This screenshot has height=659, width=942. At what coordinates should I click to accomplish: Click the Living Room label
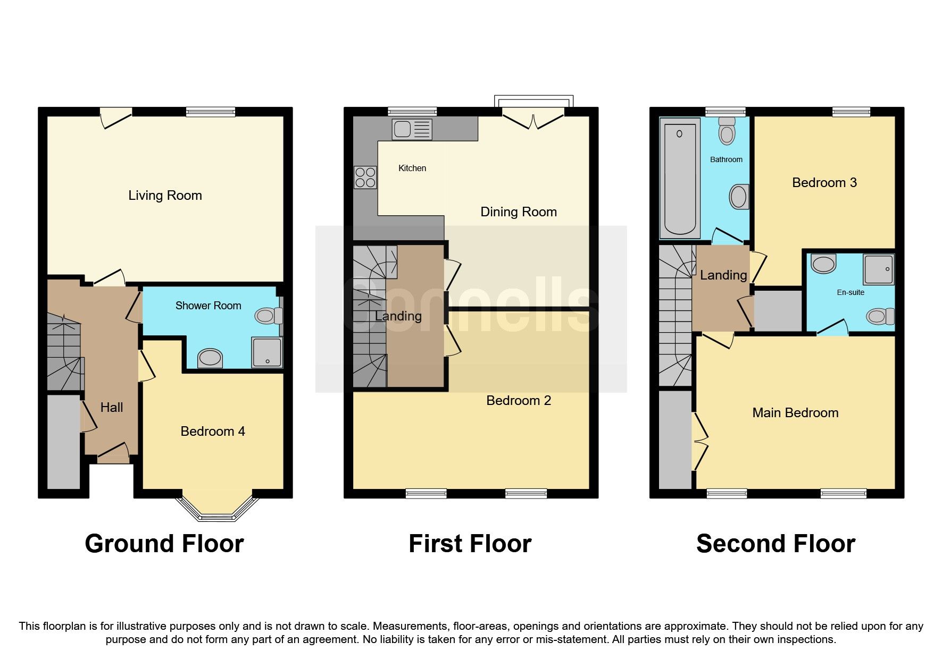point(165,196)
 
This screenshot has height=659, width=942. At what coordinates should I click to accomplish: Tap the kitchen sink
point(412,129)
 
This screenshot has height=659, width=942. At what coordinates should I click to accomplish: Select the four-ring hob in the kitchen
point(365,178)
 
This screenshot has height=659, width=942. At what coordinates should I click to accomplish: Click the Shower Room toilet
point(269,316)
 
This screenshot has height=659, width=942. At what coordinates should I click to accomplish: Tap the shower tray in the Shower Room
point(268,352)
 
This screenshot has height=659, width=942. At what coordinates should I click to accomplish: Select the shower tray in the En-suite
point(879,269)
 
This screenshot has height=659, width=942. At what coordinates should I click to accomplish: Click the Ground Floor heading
point(164,544)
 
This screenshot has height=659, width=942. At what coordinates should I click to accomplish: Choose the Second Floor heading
point(776,544)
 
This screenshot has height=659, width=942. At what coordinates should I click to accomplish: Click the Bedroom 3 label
point(824,183)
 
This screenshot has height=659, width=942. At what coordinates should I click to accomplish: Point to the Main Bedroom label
point(795,413)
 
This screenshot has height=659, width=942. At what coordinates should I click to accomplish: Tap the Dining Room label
point(519,212)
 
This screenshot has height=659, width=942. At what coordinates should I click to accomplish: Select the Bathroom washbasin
point(739,197)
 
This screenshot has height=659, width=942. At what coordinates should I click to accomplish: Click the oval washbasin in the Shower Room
point(210,358)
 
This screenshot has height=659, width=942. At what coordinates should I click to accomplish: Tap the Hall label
point(112,408)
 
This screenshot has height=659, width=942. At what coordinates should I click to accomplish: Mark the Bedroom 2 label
point(519,401)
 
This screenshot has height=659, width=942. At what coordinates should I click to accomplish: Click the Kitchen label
point(412,168)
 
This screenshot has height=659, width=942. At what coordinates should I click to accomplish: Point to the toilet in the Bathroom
point(727,131)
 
